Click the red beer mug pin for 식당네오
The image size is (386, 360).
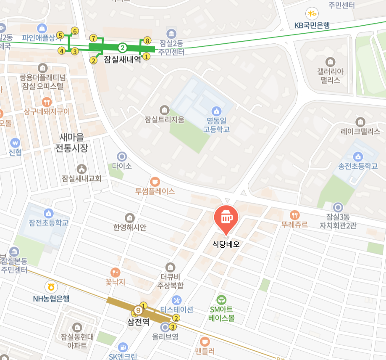click(226, 217)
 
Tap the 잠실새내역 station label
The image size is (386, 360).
click(122, 59)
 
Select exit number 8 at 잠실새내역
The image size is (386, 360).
click(147, 40)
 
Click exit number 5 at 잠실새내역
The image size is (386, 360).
click(60, 36)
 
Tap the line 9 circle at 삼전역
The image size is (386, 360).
click(138, 311)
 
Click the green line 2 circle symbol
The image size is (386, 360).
click(122, 47)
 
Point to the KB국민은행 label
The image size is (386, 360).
click(312, 25)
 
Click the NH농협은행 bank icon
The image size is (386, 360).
click(51, 287)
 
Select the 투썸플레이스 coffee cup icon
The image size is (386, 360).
click(155, 181)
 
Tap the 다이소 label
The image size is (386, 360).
click(122, 166)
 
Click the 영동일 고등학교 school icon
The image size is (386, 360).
click(216, 111)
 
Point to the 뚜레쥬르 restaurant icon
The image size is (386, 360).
click(295, 214)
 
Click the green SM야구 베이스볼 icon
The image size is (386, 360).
click(221, 299)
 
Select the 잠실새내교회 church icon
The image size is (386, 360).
click(81, 169)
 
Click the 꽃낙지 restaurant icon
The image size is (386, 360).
click(116, 273)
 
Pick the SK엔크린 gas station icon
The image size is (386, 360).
click(123, 347)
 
